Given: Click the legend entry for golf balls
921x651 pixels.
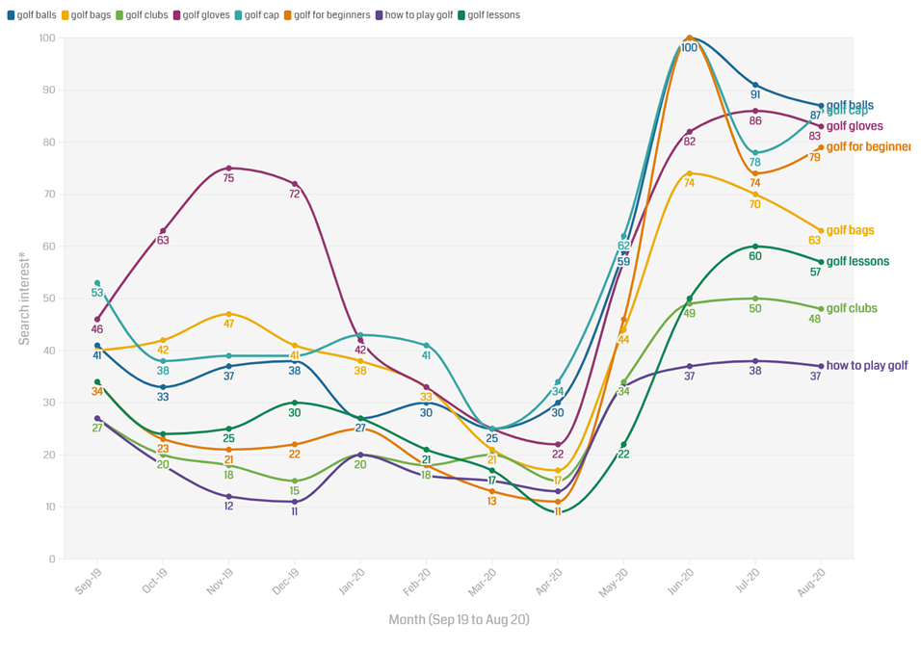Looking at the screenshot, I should tap(36, 15).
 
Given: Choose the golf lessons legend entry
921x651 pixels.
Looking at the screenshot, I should tap(492, 15).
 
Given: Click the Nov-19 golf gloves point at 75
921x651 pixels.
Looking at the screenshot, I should tap(228, 168).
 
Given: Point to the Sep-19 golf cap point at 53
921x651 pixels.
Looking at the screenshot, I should tap(97, 283).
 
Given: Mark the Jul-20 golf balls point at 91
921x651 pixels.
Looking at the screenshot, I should tap(755, 85).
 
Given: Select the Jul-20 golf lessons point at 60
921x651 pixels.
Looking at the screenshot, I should tap(755, 246).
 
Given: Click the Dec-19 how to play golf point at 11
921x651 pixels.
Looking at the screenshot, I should tap(295, 502).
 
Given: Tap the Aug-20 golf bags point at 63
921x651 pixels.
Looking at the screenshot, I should tap(821, 230).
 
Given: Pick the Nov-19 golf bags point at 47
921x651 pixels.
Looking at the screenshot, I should tap(228, 314).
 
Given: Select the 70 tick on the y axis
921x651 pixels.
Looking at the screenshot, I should tap(48, 195).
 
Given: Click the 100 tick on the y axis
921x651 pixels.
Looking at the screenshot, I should tap(45, 38).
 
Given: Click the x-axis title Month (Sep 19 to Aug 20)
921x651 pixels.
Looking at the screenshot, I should tap(459, 620).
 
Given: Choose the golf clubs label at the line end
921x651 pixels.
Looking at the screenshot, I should tap(852, 308).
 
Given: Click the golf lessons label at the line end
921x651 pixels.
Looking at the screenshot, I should tap(857, 262).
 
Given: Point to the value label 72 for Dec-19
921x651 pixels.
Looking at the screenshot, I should tap(294, 194).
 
